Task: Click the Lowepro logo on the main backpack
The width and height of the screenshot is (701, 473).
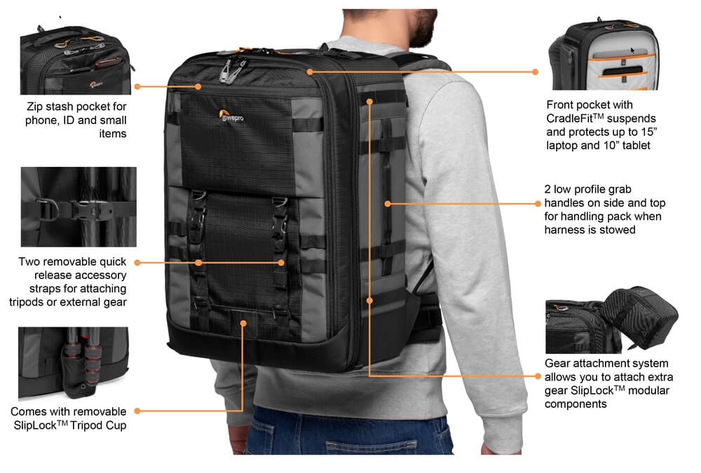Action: [x=231, y=116]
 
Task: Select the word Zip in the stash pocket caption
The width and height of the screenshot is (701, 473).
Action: [x=34, y=107]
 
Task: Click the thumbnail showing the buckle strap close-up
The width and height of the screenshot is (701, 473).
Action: [x=79, y=207]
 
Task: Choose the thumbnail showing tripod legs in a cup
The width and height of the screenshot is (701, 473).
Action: [x=74, y=363]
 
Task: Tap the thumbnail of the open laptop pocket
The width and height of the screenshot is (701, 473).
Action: [x=604, y=54]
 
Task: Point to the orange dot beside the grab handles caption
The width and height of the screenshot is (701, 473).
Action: [x=538, y=203]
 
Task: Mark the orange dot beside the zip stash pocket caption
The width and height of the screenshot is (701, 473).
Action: [x=137, y=86]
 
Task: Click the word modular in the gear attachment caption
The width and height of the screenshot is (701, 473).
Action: [x=648, y=391]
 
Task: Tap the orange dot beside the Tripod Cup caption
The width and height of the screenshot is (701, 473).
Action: [x=137, y=411]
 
